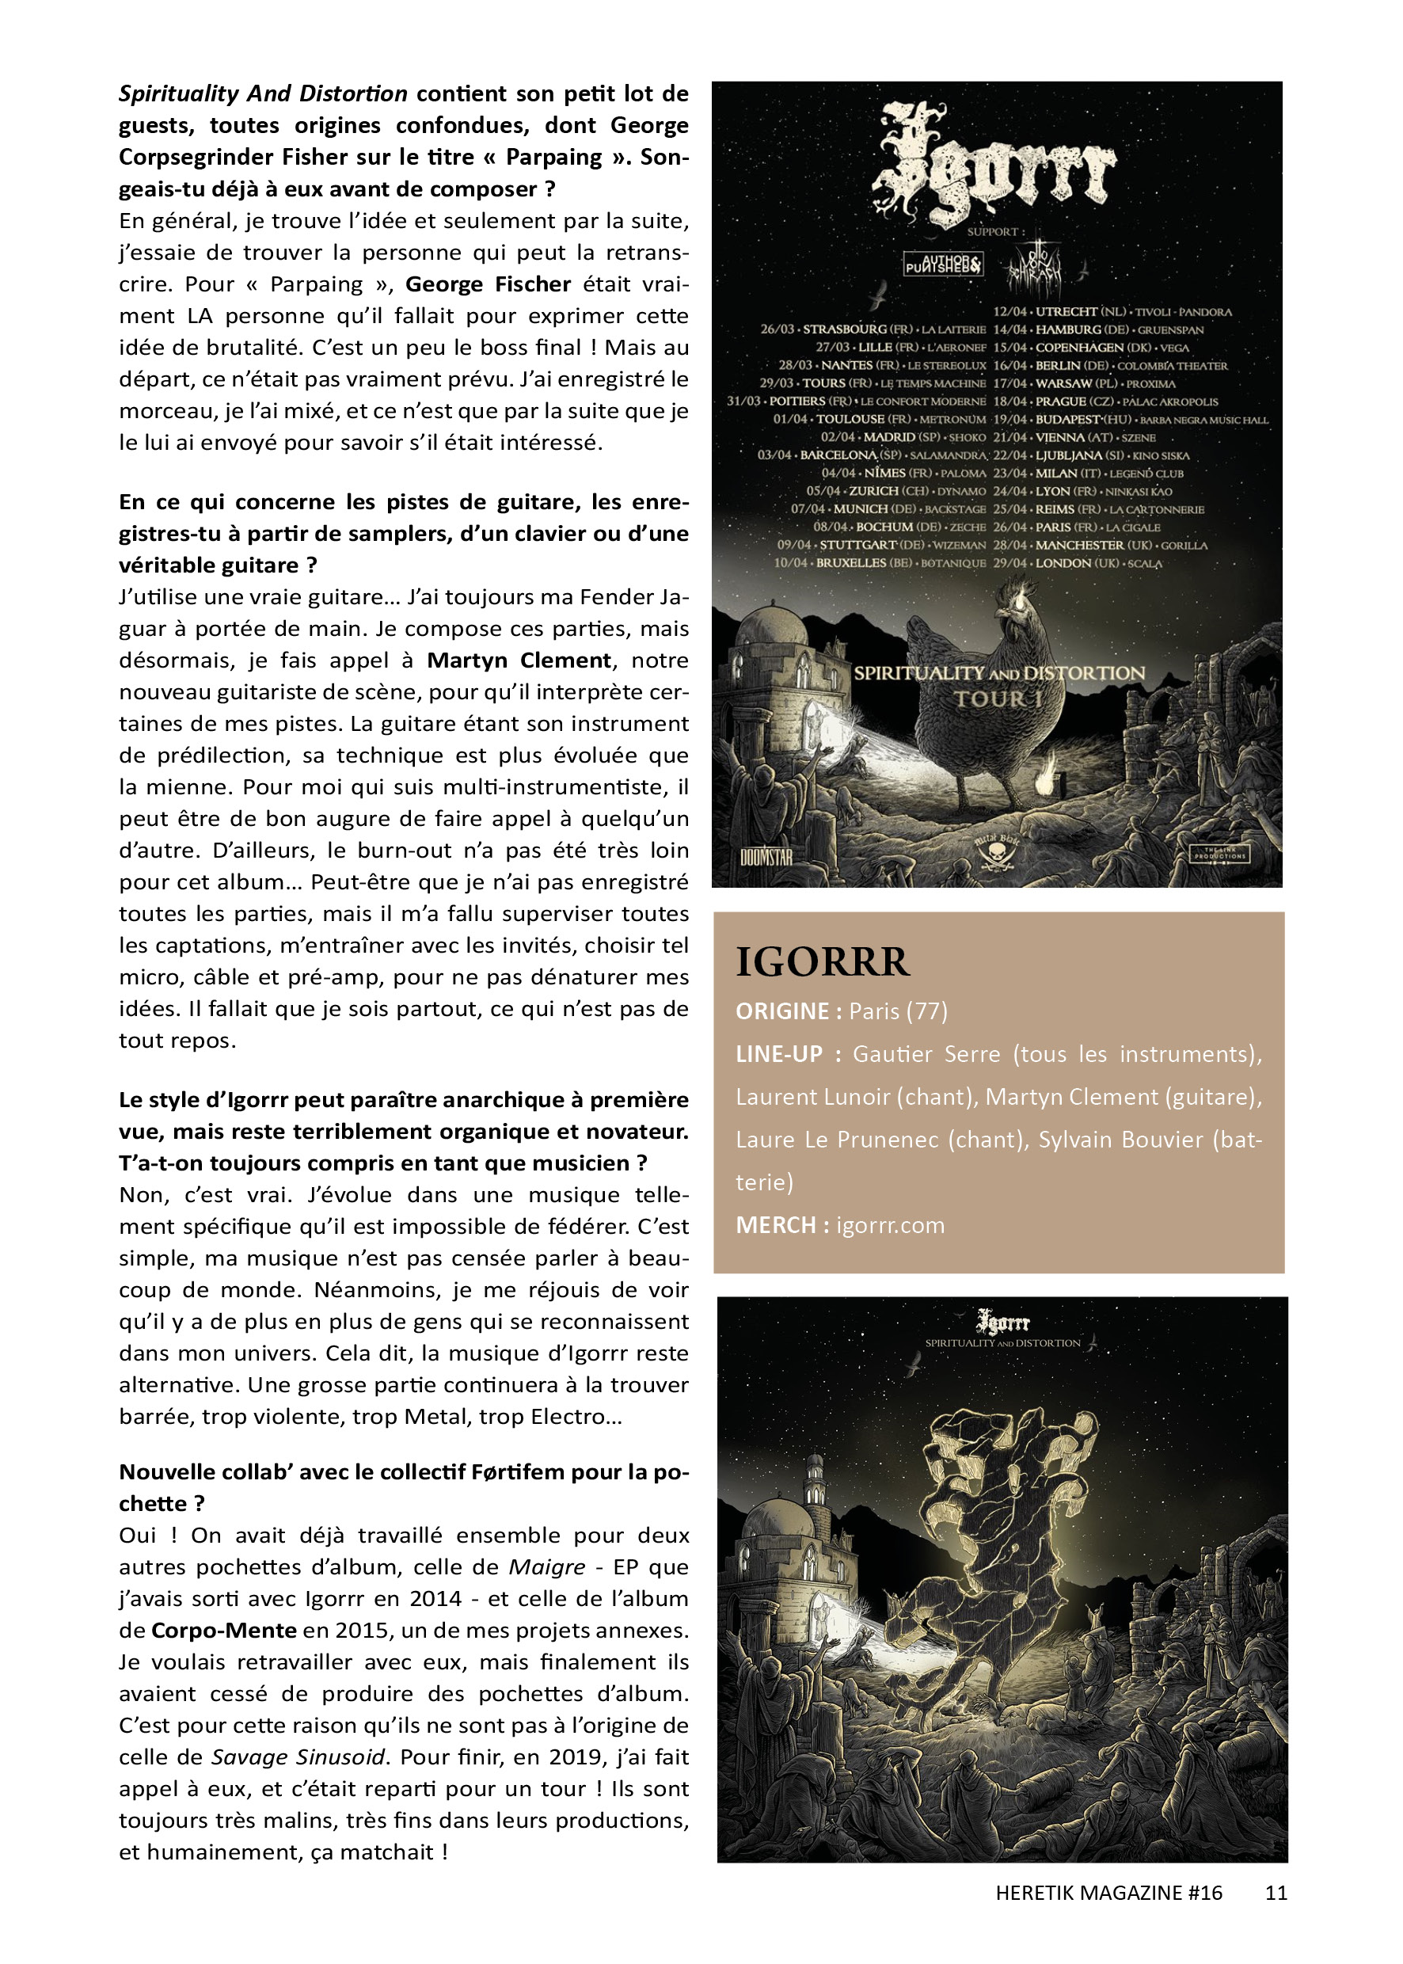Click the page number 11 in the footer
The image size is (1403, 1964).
1276,1892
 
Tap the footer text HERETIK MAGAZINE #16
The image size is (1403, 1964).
1108,1892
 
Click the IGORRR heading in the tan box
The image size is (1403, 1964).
822,961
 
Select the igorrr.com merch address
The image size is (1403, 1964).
890,1224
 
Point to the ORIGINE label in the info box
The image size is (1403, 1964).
781,1011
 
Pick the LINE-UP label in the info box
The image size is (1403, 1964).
778,1053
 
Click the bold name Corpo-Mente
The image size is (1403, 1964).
224,1631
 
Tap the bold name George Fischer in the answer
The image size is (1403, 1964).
488,284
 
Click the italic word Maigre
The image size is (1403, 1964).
546,1566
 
